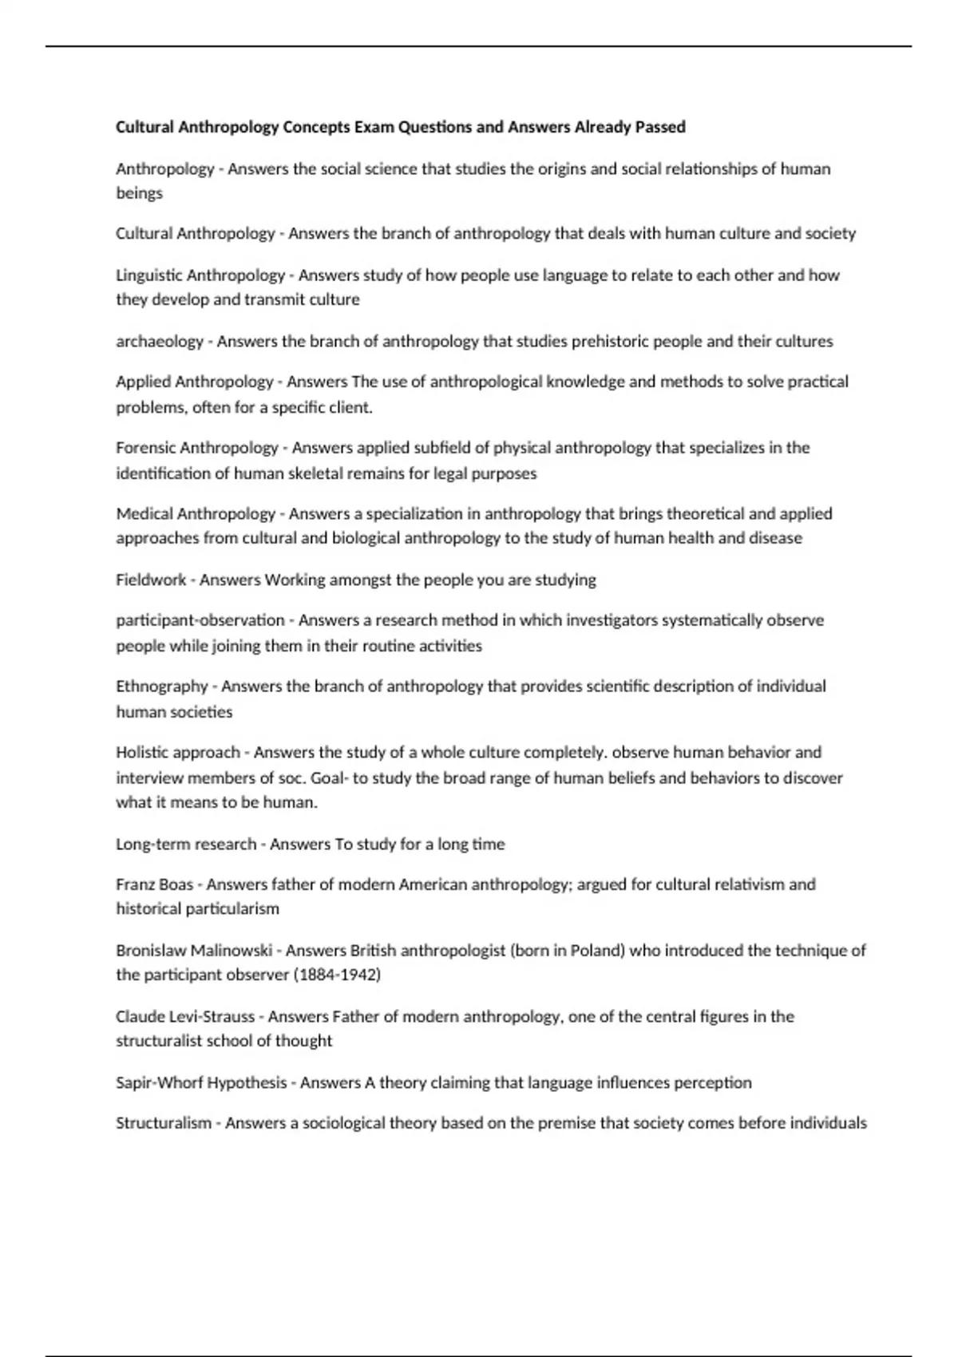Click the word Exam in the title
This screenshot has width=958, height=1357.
pyautogui.click(x=374, y=127)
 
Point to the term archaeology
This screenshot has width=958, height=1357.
pyautogui.click(x=160, y=342)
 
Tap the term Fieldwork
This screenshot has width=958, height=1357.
pyautogui.click(x=151, y=580)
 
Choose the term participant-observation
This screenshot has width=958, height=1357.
pyautogui.click(x=200, y=620)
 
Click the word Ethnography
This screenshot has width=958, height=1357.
pyautogui.click(x=162, y=686)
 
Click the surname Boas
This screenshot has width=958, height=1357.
pyautogui.click(x=176, y=884)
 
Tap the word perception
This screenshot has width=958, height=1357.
pyautogui.click(x=713, y=1083)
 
